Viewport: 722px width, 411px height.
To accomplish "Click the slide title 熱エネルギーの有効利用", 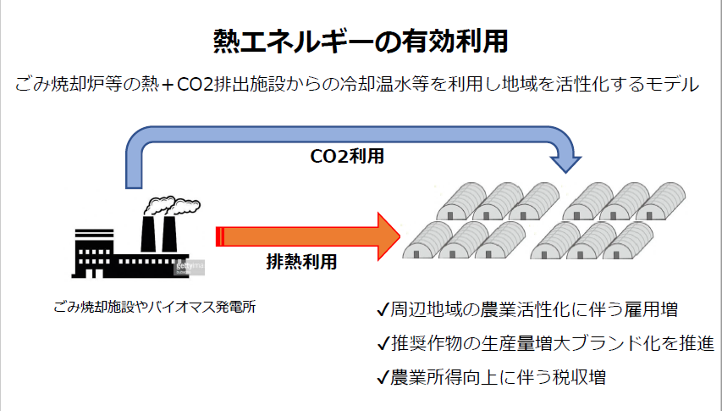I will [361, 41].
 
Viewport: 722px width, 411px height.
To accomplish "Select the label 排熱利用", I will [301, 262].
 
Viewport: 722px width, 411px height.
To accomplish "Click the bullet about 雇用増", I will [533, 310].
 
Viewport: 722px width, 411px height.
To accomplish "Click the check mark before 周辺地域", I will [383, 310].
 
